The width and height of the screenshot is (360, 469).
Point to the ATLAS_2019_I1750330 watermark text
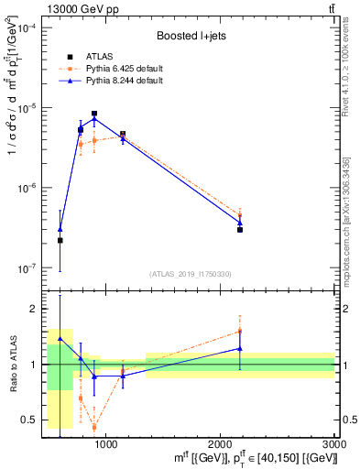[x=191, y=274]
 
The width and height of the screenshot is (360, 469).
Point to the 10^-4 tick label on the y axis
[x=25, y=28]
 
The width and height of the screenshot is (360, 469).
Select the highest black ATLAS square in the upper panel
[x=94, y=114]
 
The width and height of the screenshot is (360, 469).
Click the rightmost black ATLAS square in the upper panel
[x=240, y=229]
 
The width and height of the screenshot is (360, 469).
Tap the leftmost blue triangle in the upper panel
[x=60, y=229]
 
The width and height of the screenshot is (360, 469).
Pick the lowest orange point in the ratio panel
[x=94, y=427]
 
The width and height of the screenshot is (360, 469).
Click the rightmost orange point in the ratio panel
[x=240, y=331]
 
